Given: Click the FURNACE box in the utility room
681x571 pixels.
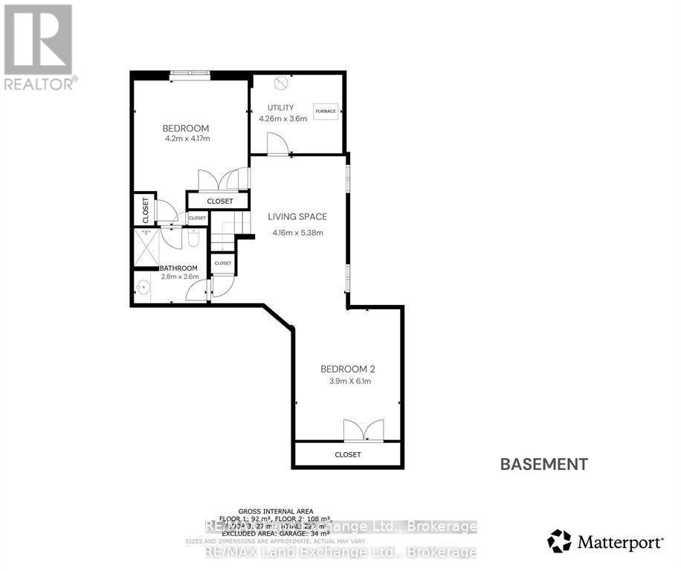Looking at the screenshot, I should click(326, 112).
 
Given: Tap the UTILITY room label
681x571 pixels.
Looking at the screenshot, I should click(276, 108).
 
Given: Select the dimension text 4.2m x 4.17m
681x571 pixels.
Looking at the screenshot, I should click(187, 138).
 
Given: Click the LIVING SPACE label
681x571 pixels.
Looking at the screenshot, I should click(297, 217).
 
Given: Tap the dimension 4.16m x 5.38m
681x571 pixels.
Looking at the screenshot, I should click(297, 233).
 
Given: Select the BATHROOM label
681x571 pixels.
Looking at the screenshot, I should click(179, 268).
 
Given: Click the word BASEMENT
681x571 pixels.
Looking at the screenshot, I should click(543, 465).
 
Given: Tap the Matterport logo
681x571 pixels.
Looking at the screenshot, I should click(605, 541).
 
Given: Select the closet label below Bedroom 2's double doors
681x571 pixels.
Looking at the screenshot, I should click(348, 454).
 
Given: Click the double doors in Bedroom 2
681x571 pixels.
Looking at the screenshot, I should click(364, 431).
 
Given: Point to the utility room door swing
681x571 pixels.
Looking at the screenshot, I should click(277, 143).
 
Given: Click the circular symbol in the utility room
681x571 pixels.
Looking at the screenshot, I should click(281, 83).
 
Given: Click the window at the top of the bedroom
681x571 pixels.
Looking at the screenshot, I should click(190, 73).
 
